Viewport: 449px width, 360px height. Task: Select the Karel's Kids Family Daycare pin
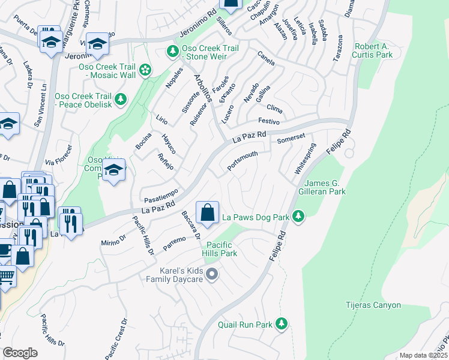tap(211, 275)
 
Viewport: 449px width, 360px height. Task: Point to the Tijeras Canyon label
tap(373, 305)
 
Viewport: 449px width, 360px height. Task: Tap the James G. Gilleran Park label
tap(325, 188)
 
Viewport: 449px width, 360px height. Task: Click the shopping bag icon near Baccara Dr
tap(207, 212)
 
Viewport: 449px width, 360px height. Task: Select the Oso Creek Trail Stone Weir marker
tap(172, 52)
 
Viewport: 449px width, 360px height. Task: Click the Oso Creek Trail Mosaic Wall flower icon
tap(145, 71)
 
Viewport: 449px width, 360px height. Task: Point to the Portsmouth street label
tap(243, 161)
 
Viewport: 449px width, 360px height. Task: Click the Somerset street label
tap(292, 139)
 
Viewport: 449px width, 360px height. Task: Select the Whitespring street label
tap(304, 159)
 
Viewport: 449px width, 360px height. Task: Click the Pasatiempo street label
tap(160, 194)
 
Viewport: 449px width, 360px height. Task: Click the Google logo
tap(20, 353)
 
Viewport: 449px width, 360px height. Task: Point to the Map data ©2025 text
tap(423, 355)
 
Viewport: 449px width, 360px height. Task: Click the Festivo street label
tap(270, 121)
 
